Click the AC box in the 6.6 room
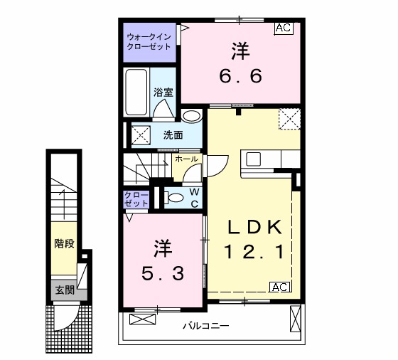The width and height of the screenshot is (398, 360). [284, 28]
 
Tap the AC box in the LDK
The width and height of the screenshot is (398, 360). [280, 287]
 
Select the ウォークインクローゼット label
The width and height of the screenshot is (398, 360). [149, 42]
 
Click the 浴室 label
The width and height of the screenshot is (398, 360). [163, 92]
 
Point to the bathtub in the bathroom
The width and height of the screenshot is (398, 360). [136, 92]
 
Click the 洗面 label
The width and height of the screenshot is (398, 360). [173, 135]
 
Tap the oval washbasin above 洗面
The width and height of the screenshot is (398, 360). [192, 117]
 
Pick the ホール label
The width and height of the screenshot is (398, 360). [186, 159]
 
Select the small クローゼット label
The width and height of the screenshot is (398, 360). [136, 199]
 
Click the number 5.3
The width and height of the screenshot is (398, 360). [163, 274]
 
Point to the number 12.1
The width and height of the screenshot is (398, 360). [254, 252]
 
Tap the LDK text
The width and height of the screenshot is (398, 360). [254, 227]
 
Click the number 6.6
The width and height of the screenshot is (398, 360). [240, 75]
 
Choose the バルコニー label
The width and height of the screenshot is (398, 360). [206, 325]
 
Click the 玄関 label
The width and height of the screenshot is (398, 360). [65, 290]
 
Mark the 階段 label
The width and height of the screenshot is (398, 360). [65, 243]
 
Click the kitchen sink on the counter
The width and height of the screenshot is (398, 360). [253, 159]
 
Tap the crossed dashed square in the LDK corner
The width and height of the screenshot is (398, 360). [289, 119]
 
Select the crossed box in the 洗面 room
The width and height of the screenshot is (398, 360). [141, 135]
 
